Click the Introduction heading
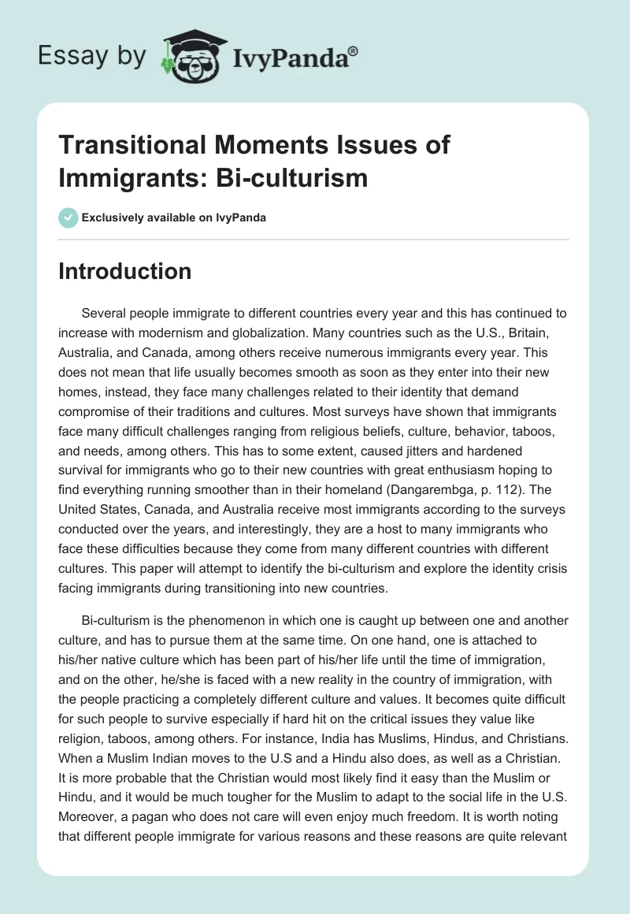coord(125,271)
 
